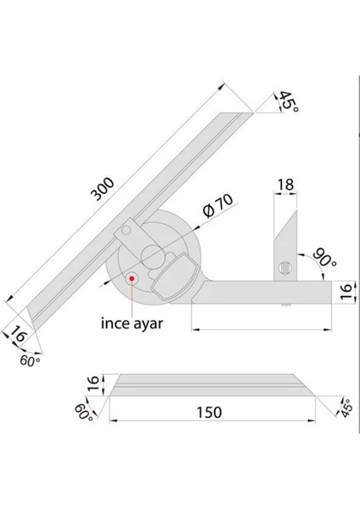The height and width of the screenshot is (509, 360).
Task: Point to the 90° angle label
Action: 321,255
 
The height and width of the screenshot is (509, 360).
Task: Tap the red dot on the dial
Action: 133,277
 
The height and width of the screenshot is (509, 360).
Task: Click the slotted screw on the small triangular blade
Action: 284,269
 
